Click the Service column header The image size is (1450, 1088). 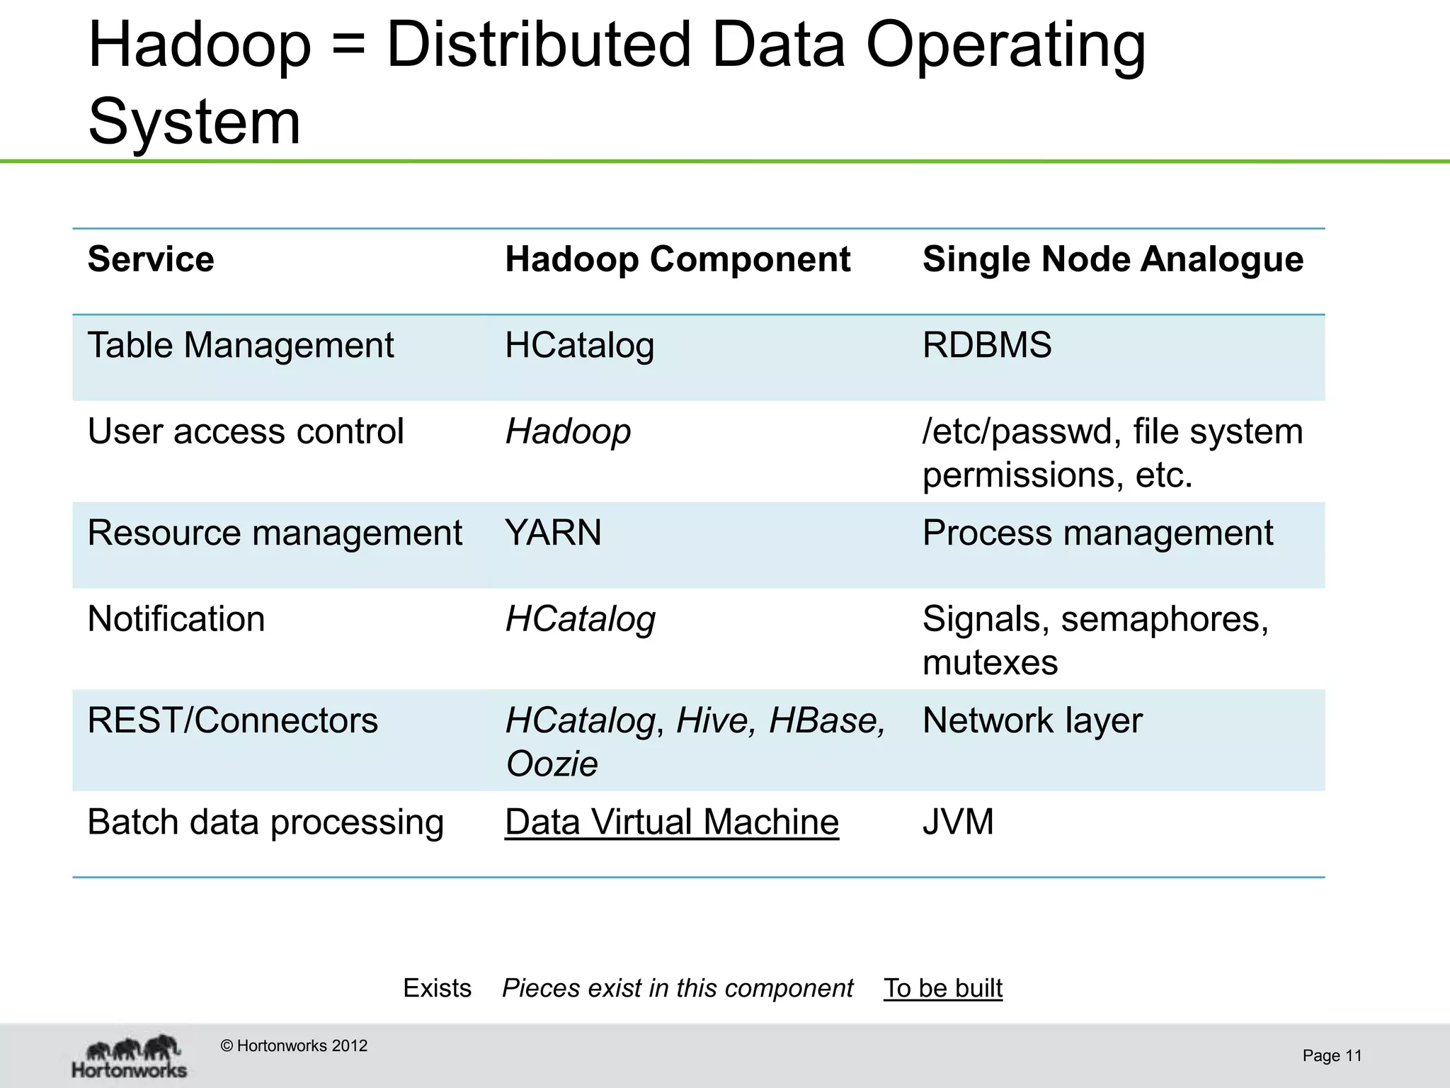[151, 259]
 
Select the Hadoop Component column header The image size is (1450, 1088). [678, 259]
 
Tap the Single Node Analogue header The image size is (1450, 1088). [1112, 259]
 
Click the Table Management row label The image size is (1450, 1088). [241, 346]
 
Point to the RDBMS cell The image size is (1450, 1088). [987, 346]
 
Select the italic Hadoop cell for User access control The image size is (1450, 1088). [568, 431]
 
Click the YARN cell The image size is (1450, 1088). [553, 533]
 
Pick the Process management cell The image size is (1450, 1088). [1097, 533]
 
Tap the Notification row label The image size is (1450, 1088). [176, 619]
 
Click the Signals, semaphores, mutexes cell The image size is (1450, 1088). [1095, 640]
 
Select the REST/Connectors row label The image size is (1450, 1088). [233, 720]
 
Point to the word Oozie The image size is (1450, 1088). [552, 764]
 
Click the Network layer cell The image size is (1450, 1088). [1032, 720]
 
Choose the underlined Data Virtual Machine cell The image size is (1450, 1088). [672, 822]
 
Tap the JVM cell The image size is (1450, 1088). [958, 822]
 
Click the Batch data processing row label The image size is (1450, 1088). [266, 822]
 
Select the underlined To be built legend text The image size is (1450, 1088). [942, 988]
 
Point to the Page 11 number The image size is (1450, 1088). [1332, 1056]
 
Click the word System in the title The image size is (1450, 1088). [195, 122]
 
